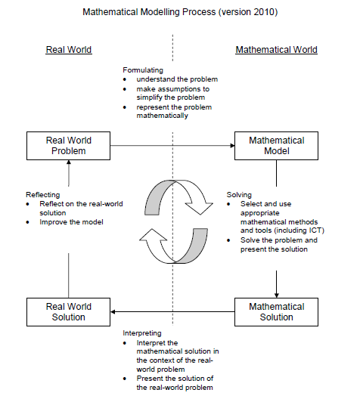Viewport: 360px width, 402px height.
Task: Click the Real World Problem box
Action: pyautogui.click(x=69, y=146)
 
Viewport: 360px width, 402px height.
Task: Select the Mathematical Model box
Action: pyautogui.click(x=276, y=146)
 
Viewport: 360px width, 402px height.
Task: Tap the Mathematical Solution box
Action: pyautogui.click(x=276, y=312)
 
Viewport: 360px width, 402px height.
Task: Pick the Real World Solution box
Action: pyautogui.click(x=69, y=312)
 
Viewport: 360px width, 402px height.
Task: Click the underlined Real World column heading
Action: pyautogui.click(x=69, y=50)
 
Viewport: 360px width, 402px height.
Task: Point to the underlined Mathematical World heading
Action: pyautogui.click(x=276, y=50)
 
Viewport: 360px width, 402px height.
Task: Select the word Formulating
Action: pyautogui.click(x=143, y=70)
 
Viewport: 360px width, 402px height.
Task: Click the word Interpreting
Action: pyautogui.click(x=143, y=332)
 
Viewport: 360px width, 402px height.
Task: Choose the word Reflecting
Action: pyautogui.click(x=43, y=194)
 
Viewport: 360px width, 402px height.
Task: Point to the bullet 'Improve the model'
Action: pyautogui.click(x=70, y=222)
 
